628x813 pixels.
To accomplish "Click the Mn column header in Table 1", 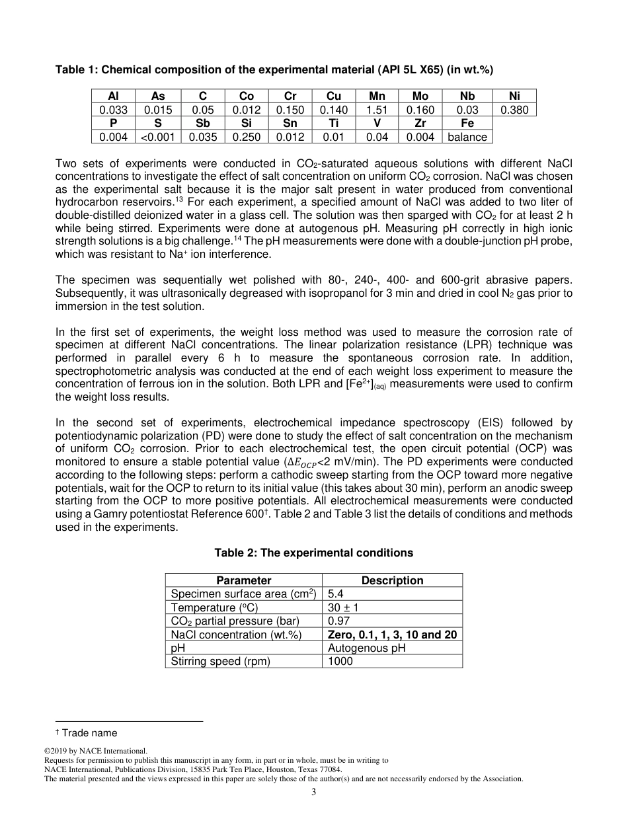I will (x=377, y=96).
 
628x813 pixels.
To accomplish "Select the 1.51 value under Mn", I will (x=377, y=110).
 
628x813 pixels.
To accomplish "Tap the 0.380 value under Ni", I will (x=514, y=110).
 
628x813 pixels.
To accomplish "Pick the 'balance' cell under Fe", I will (x=467, y=137).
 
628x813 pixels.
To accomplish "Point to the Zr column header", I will (x=420, y=123).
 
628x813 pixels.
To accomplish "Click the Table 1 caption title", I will (x=274, y=69).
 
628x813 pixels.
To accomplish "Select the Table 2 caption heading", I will (x=314, y=553).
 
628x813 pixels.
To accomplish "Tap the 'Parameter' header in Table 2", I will (x=244, y=580).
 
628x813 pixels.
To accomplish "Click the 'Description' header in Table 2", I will (x=392, y=580).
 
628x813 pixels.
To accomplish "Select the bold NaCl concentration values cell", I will (x=392, y=635).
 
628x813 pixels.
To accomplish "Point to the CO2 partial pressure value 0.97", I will (x=339, y=621).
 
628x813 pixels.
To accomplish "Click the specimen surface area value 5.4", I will (x=336, y=594).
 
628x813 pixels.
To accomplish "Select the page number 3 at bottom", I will (x=314, y=793).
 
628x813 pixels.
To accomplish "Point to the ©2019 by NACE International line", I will (x=95, y=751).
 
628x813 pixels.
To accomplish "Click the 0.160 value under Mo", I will (x=420, y=110).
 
